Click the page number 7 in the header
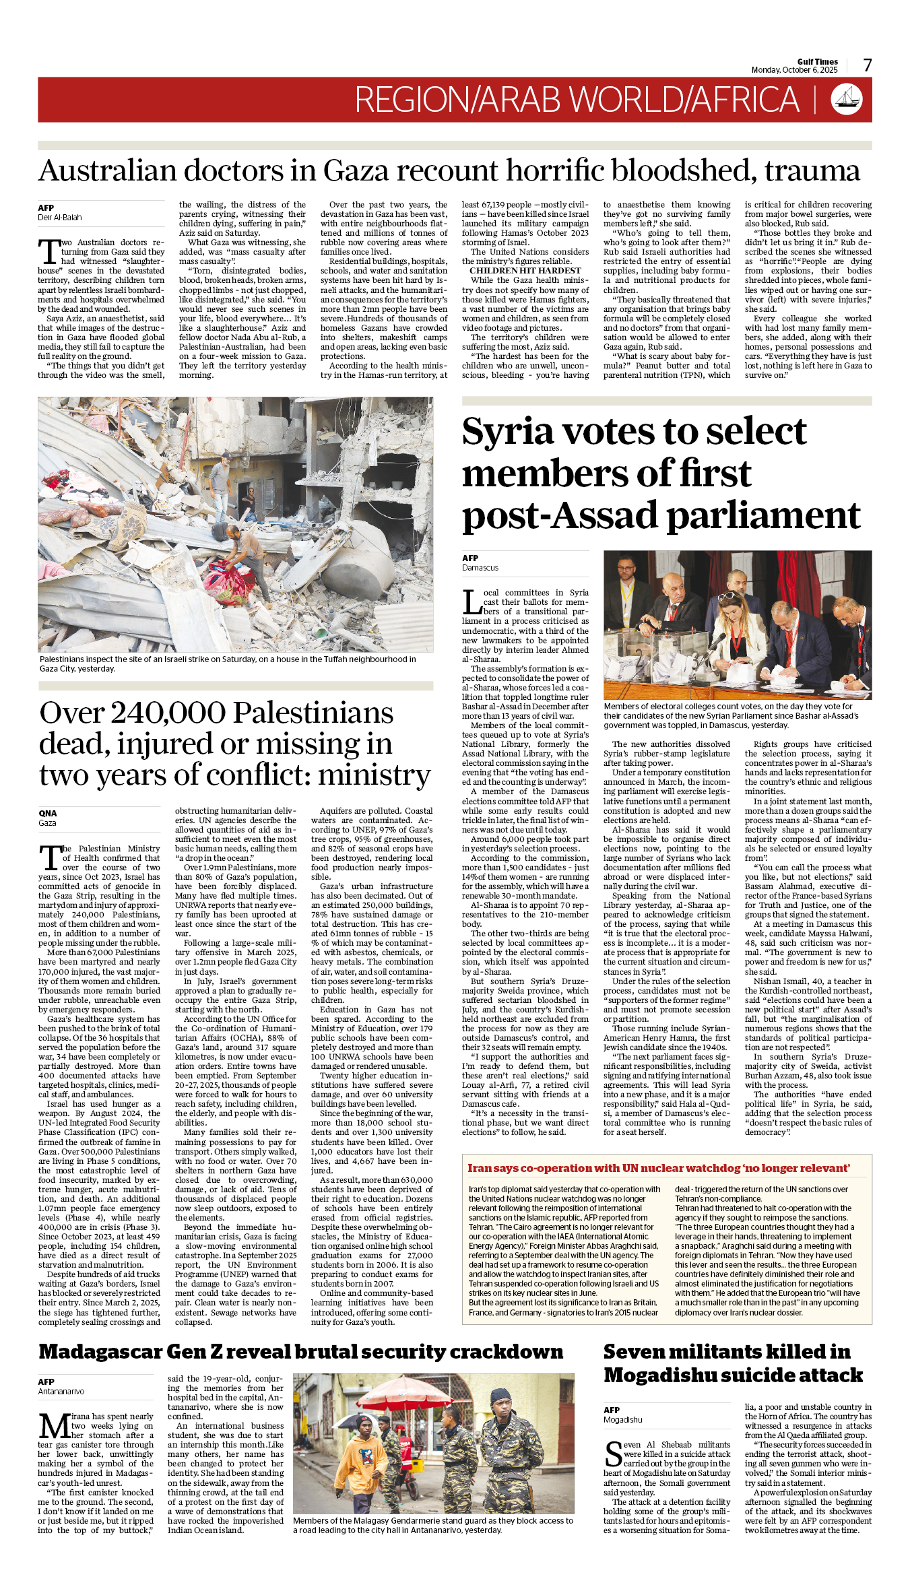868,65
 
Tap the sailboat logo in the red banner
847,99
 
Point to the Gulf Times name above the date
817,61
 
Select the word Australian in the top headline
108,171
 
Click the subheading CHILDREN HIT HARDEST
525,271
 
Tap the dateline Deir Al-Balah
60,218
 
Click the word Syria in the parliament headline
507,432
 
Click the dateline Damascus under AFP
480,568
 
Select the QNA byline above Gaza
48,813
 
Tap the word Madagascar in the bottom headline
100,1352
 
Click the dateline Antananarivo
61,1391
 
